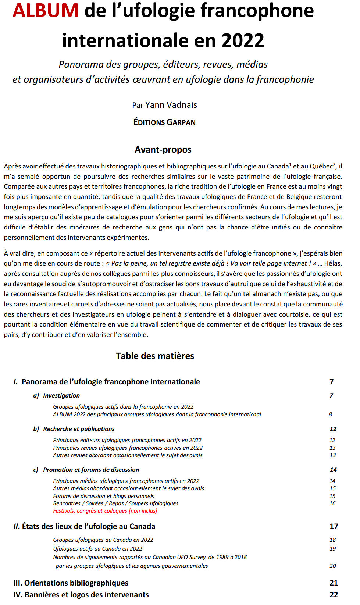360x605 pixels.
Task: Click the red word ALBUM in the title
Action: (x=46, y=10)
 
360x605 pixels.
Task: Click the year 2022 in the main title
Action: (x=243, y=40)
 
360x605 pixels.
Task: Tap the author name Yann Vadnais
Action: (x=171, y=105)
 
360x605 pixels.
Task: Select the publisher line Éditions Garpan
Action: (x=164, y=122)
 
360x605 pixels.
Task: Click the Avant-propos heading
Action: (x=163, y=150)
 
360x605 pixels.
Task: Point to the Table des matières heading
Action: (x=155, y=356)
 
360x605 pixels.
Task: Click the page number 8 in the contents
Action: (x=331, y=414)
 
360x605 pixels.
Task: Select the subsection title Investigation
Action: (x=61, y=396)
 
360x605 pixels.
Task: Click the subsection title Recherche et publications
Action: (x=79, y=429)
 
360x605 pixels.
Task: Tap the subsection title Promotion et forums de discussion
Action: (x=91, y=470)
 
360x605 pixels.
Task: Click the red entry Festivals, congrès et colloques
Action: (x=105, y=511)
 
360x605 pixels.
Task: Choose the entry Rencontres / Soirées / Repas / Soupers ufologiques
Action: (x=115, y=503)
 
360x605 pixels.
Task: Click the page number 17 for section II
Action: (x=334, y=527)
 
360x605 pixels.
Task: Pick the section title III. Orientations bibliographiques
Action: (x=71, y=583)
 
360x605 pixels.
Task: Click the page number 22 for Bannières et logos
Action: (x=334, y=595)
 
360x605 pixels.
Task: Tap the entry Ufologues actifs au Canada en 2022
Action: (x=97, y=549)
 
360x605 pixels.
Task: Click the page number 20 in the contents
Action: (x=333, y=566)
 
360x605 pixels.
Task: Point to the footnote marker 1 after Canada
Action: (x=290, y=164)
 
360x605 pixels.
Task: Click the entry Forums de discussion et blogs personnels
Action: (x=103, y=496)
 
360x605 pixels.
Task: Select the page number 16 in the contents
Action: (x=332, y=503)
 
